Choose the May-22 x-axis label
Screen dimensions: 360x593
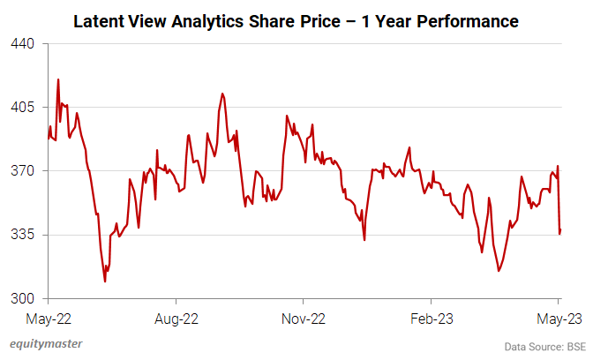tap(49, 317)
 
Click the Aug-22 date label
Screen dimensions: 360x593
tap(176, 317)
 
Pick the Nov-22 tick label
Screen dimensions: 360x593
tap(304, 317)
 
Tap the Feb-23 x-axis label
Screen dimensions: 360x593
tap(432, 317)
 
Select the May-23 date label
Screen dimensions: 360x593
tap(559, 317)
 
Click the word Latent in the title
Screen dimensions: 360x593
tap(99, 19)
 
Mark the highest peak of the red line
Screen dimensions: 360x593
tap(58, 79)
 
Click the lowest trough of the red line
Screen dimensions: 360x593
tap(105, 281)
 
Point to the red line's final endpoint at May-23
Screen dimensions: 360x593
tap(560, 230)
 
